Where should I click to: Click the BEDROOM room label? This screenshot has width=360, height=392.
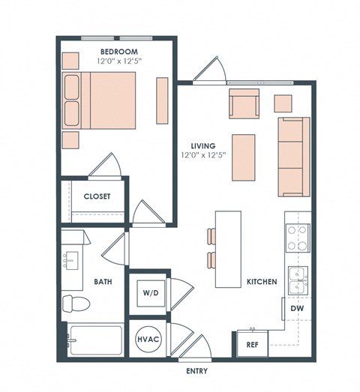pyautogui.click(x=118, y=52)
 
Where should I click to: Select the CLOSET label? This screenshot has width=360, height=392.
pyautogui.click(x=97, y=196)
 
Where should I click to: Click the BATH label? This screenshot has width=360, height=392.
pyautogui.click(x=103, y=283)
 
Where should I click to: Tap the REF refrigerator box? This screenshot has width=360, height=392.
pyautogui.click(x=253, y=345)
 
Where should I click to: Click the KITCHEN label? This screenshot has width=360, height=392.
pyautogui.click(x=262, y=283)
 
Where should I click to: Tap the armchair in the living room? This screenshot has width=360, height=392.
pyautogui.click(x=243, y=104)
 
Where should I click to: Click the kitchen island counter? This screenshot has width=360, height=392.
pyautogui.click(x=228, y=249)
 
